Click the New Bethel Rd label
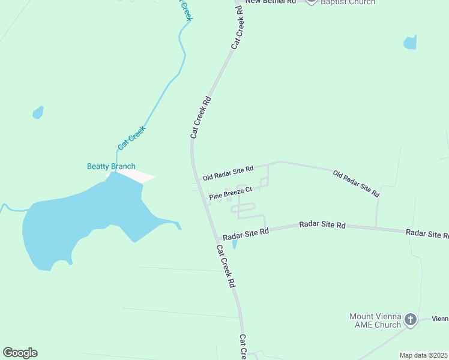coord(271,2)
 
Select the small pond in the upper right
coord(410,43)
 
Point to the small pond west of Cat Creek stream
coord(38,112)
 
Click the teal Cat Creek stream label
coord(132,137)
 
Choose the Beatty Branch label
coord(111,166)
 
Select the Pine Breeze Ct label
coord(231,193)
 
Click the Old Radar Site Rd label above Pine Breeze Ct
coord(228,173)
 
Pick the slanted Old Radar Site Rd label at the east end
coord(357,184)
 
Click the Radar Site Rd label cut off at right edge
coord(427,233)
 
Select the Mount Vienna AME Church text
coord(375,320)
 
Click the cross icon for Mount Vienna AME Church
coord(411,319)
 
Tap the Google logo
coord(20,353)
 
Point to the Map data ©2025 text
coord(424,355)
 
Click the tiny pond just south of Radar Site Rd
coord(235,244)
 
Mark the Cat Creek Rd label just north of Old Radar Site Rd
coord(202,118)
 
